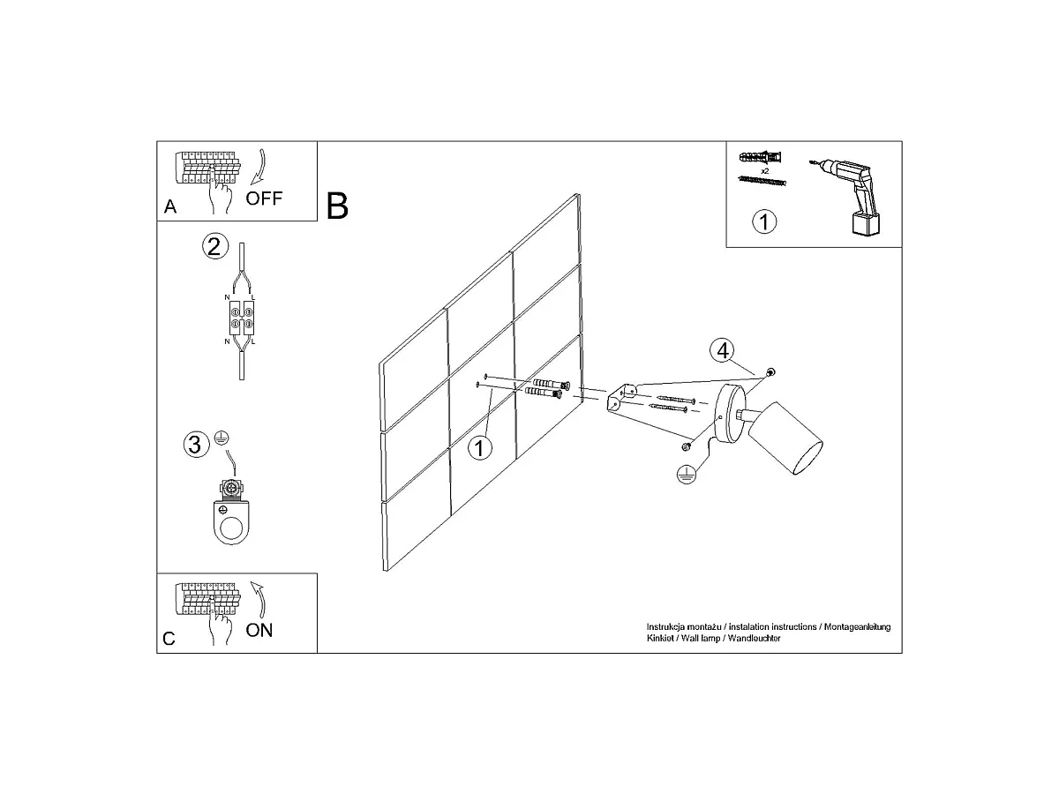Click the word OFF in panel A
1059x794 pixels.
(x=264, y=198)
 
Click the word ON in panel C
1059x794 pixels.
(x=259, y=630)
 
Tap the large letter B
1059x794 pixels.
(x=337, y=206)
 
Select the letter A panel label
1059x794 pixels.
(x=170, y=206)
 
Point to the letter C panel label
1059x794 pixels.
(x=169, y=639)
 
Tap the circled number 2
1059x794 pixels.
(x=214, y=246)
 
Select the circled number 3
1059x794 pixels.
(x=197, y=444)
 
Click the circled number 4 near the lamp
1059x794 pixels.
(x=722, y=350)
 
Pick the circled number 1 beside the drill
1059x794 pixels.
(x=764, y=221)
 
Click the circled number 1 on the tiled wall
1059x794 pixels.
(x=479, y=448)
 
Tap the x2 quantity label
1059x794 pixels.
(x=765, y=170)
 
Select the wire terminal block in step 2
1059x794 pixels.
(x=241, y=318)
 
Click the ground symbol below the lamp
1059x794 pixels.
(x=686, y=475)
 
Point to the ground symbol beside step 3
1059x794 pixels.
(x=222, y=438)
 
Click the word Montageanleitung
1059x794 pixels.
(x=857, y=626)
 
